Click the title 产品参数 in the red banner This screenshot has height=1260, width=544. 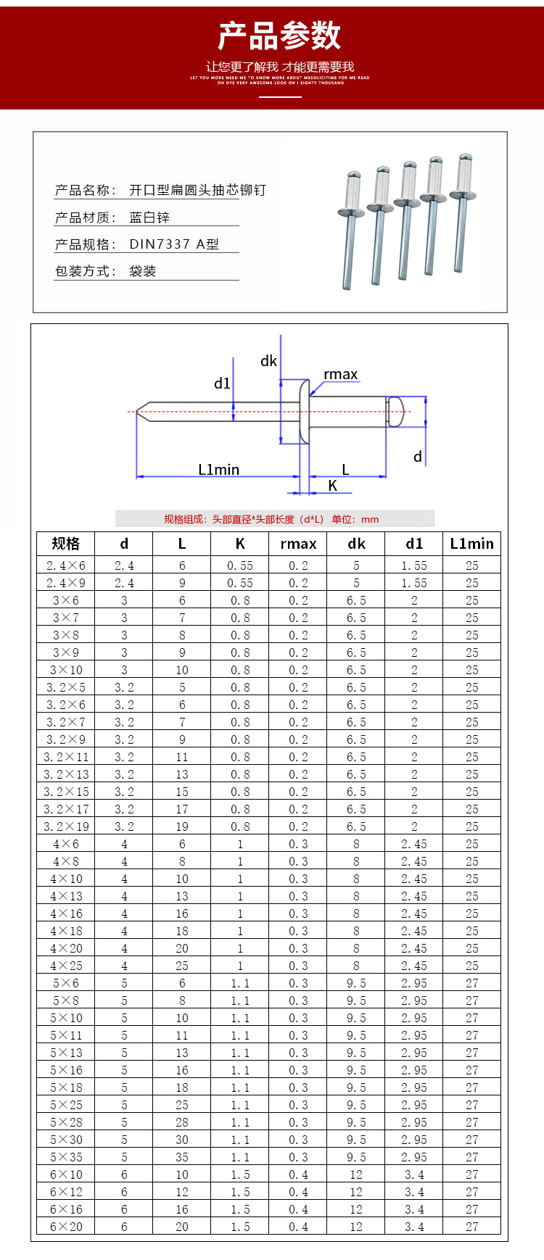pos(279,36)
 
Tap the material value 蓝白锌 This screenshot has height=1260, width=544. pos(149,217)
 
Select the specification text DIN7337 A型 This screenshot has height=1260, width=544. pos(174,244)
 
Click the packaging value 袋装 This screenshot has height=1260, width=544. pos(143,271)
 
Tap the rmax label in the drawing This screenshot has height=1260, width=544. pos(340,375)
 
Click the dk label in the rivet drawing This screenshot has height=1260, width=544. pos(268,361)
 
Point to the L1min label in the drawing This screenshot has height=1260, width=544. pos(218,470)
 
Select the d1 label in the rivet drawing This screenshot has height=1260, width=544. pos(222,384)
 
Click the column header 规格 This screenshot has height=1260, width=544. pos(65,544)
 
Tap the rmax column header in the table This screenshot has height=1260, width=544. pos(298,544)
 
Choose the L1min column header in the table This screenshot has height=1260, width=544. pos(471,544)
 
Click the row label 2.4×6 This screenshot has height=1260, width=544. pos(65,565)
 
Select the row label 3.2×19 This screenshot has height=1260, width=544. pos(65,826)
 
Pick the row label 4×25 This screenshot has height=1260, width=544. pos(65,966)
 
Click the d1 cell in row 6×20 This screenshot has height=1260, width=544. pos(414,1227)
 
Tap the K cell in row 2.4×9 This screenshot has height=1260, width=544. pos(240,583)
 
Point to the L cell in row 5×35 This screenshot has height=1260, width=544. pos(182,1157)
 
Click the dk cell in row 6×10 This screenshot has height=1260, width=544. pos(356,1174)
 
